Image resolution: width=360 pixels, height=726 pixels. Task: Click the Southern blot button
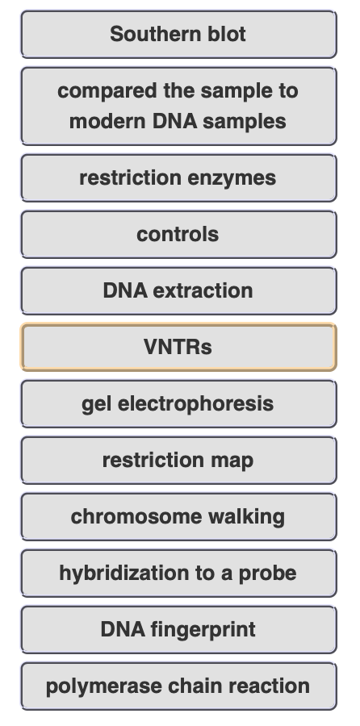pos(179,34)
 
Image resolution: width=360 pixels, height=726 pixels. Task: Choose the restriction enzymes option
pos(179,177)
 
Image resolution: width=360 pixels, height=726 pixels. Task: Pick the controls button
pos(179,234)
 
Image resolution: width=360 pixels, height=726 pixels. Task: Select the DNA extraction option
pos(179,290)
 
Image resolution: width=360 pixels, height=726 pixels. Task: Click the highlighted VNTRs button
pos(179,347)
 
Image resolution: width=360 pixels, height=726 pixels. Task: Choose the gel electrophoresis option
pos(179,404)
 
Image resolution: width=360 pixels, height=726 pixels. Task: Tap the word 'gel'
pos(96,404)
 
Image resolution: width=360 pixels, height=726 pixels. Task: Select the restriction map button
pos(179,461)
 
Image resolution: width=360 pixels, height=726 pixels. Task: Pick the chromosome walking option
pos(179,517)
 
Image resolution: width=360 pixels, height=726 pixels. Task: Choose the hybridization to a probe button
pos(179,574)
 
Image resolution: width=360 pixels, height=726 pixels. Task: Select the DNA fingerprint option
pos(179,630)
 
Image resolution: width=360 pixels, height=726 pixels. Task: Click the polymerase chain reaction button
pos(179,686)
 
